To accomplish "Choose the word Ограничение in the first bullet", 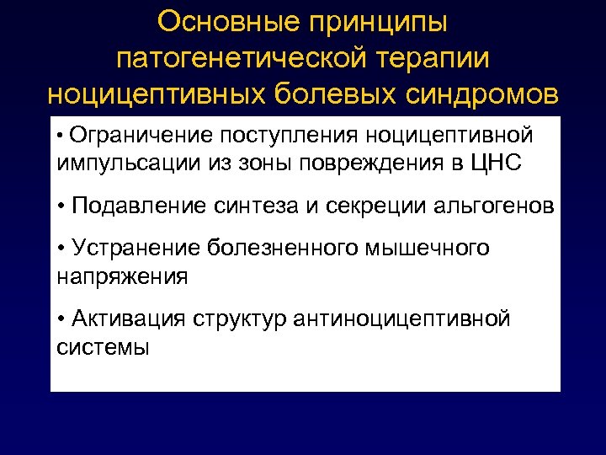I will coord(142,135).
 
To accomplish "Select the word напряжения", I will coord(122,275).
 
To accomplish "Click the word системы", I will coord(104,346).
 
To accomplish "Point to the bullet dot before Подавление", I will coord(63,206).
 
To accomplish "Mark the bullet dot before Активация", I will coord(63,319).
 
